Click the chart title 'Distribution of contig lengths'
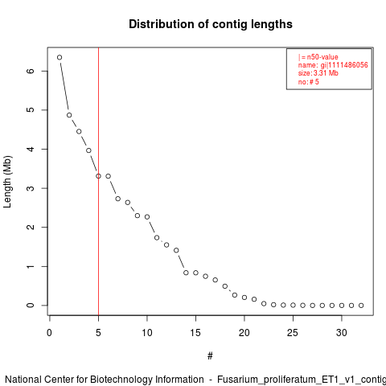[211, 24]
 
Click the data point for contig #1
[60, 57]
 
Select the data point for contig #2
[69, 115]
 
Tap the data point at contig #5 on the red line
[98, 176]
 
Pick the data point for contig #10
[147, 216]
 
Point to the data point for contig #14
[186, 273]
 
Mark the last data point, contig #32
[361, 306]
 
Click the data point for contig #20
[244, 298]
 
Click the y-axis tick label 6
[31, 71]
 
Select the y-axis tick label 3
[31, 188]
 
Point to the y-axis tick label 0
[31, 306]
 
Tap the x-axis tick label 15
[195, 333]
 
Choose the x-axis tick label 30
[342, 333]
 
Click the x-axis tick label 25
[293, 333]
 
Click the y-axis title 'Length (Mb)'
[7, 182]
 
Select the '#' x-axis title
[210, 356]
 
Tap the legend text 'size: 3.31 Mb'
[318, 73]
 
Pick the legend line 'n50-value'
[318, 57]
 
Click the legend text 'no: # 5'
[309, 82]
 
